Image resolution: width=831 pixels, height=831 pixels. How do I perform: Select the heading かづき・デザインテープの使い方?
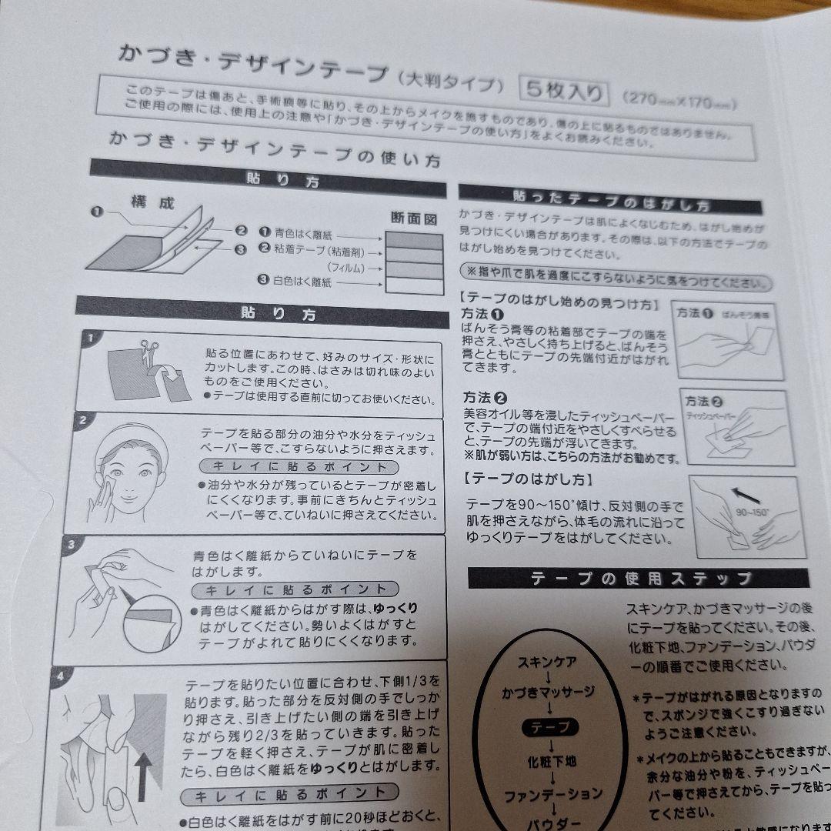[x=275, y=150]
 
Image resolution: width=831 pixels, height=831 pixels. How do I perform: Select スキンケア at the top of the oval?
[x=547, y=661]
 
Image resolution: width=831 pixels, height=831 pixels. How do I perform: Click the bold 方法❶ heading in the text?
[x=483, y=315]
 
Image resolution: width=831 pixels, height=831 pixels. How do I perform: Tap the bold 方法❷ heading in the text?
[x=485, y=398]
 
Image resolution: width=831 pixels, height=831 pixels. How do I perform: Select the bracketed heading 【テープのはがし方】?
[x=528, y=479]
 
